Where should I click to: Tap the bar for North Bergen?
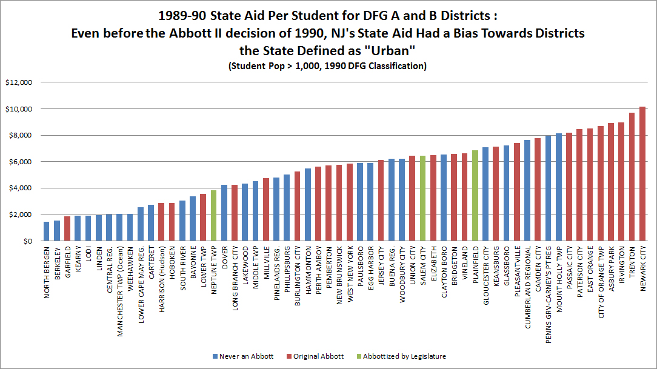pos(46,231)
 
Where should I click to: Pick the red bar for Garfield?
pos(67,229)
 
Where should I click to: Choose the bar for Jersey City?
pos(381,201)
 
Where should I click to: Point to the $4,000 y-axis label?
pos(22,188)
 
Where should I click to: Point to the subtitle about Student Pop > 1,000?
pos(327,66)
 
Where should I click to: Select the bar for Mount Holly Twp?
pos(559,187)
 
